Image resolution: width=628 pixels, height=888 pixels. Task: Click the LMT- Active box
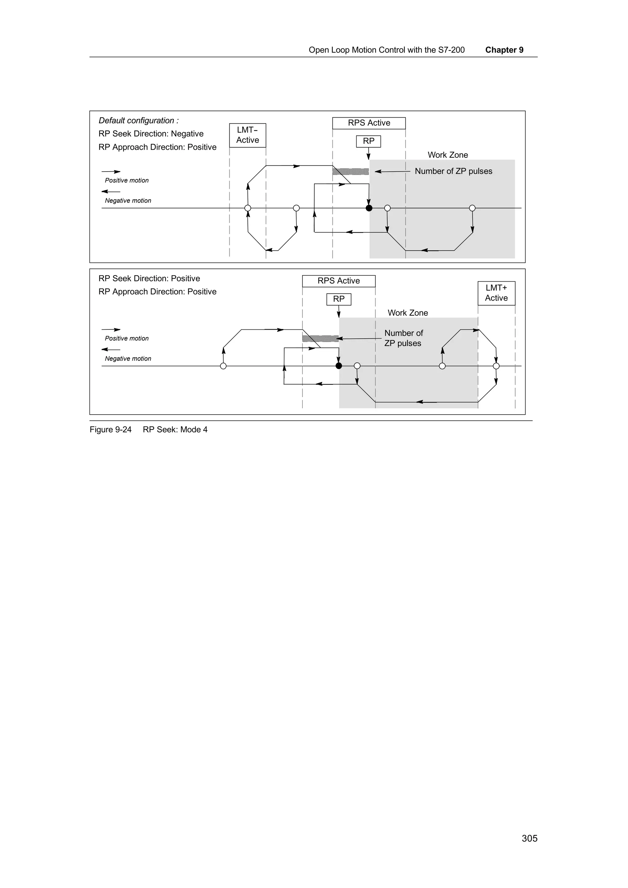(248, 135)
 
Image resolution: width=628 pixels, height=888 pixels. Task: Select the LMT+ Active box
(496, 293)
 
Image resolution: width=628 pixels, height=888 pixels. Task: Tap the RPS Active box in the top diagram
(369, 123)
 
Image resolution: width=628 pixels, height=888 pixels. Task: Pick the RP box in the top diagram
(368, 141)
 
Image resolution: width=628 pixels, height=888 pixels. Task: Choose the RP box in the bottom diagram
(339, 299)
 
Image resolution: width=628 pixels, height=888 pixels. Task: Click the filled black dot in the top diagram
(369, 208)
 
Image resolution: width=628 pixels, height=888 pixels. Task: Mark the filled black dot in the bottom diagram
(339, 366)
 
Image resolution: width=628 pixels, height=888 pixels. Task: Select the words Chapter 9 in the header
(504, 50)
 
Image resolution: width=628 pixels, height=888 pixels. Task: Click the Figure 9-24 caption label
(111, 429)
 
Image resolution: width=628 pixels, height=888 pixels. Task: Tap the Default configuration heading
(139, 121)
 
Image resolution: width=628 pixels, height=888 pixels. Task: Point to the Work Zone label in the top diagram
(448, 155)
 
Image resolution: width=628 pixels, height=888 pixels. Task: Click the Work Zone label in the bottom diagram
(408, 313)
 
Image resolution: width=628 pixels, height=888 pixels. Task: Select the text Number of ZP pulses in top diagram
(454, 171)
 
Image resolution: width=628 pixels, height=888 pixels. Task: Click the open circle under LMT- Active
(248, 208)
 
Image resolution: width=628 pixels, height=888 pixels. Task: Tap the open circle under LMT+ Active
(496, 366)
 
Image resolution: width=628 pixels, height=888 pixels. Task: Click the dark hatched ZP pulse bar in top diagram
(350, 171)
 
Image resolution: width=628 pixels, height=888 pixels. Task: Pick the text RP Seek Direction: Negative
(151, 134)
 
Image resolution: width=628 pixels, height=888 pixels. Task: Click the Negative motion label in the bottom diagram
(128, 359)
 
